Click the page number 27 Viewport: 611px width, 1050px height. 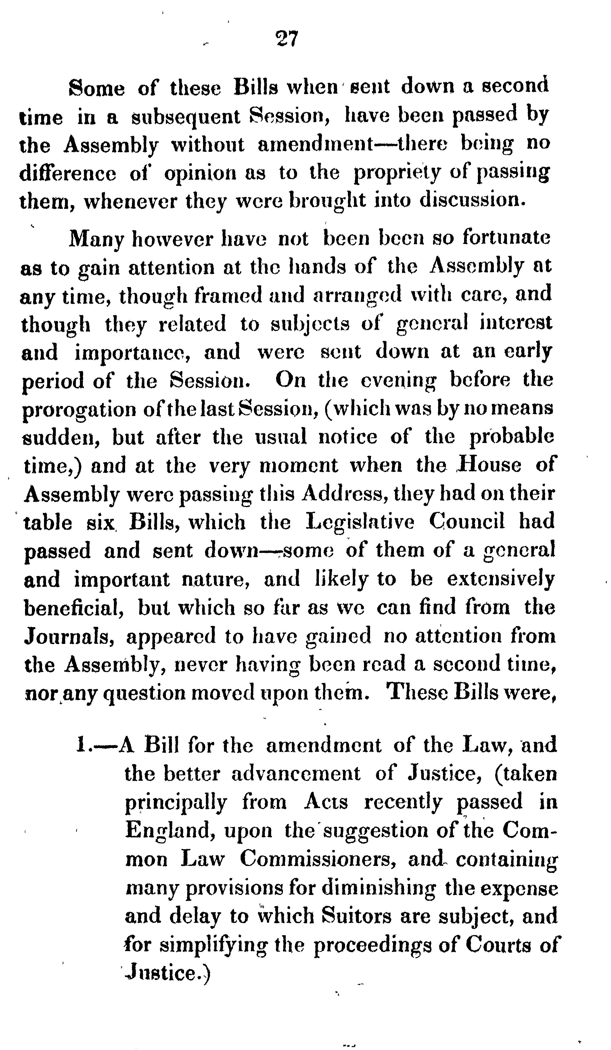point(287,40)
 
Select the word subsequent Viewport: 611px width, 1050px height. point(186,117)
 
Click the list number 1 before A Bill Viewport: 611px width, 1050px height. point(81,745)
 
